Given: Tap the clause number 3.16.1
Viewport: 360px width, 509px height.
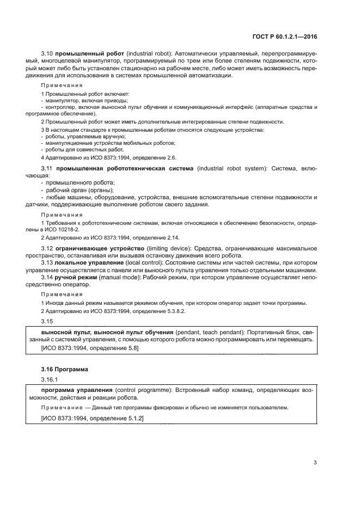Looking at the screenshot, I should [50, 379].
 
